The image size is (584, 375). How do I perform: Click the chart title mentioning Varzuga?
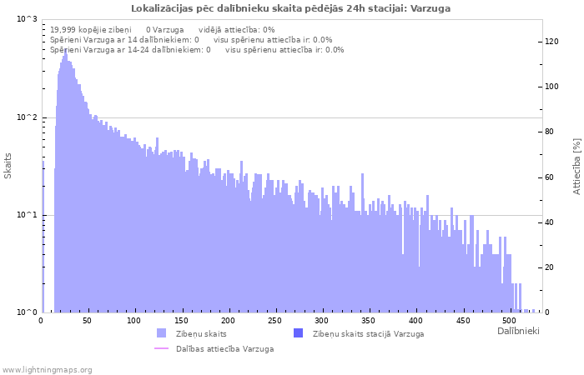click(x=291, y=8)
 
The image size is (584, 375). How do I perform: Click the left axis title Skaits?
click(x=8, y=166)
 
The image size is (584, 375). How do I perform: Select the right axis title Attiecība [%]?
click(x=576, y=167)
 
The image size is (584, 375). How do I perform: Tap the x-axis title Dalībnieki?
click(x=518, y=332)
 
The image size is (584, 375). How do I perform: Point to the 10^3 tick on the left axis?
click(x=27, y=19)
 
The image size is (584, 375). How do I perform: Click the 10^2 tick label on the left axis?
click(x=27, y=117)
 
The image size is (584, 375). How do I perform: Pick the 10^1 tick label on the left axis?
click(x=27, y=215)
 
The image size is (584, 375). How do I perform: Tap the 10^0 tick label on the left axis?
click(x=27, y=312)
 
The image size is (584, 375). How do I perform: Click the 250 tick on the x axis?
click(x=274, y=321)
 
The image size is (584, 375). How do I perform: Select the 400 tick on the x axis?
click(x=415, y=321)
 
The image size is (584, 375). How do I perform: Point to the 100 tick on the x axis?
click(x=134, y=321)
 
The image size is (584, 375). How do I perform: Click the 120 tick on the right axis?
click(x=551, y=41)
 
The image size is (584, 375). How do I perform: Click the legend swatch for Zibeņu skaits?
click(x=162, y=333)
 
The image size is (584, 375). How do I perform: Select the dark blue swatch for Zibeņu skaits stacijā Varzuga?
click(x=299, y=333)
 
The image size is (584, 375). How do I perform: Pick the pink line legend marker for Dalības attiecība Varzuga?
click(x=162, y=348)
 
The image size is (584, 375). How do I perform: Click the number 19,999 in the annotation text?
click(x=65, y=29)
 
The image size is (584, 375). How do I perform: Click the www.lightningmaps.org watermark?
click(x=48, y=369)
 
